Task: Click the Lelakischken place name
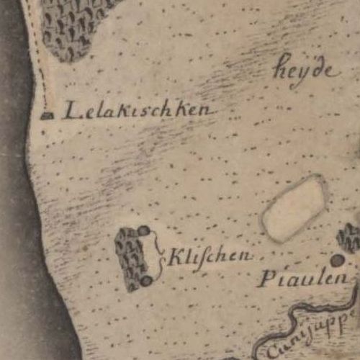pos(137,110)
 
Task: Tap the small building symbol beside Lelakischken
pos(48,114)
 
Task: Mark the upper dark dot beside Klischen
pos(144,231)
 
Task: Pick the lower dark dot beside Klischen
pos(146,281)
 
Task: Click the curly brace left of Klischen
pos(159,256)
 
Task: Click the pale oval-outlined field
pos(294,209)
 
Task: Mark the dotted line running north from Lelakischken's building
pos(42,65)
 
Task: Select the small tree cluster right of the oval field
pos(349,238)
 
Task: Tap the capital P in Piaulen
pos(265,279)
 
